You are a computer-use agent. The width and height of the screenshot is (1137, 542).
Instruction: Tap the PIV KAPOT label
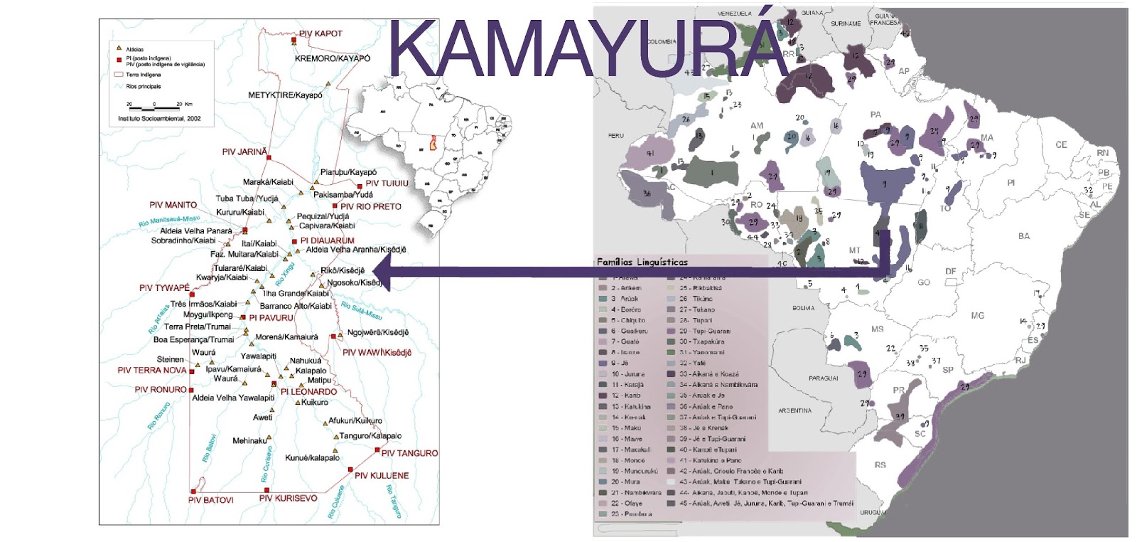320,33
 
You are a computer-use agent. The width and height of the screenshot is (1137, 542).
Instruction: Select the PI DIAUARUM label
327,240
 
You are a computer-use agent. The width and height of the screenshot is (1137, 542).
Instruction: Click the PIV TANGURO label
409,452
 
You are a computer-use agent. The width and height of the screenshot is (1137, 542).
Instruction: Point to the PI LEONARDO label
308,391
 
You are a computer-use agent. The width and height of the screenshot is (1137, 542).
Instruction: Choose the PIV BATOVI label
211,500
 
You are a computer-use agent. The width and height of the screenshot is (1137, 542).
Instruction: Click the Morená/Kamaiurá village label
286,337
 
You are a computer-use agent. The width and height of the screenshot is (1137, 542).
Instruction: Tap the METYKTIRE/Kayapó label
285,95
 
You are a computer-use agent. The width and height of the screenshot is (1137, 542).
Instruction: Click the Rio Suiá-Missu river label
361,310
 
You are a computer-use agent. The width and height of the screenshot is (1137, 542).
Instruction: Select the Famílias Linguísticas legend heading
642,262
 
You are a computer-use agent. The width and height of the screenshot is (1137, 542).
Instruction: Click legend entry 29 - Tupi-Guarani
704,331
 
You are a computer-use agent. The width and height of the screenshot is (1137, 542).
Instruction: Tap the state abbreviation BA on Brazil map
1023,236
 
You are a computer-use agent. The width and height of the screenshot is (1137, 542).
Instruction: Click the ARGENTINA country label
794,410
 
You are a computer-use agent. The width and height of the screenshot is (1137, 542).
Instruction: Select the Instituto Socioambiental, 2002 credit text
159,119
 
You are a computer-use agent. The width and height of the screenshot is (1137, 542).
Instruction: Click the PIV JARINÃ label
244,152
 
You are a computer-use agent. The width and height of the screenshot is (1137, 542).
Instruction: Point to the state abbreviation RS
880,464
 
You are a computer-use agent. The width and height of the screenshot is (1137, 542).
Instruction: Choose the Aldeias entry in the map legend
134,49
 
